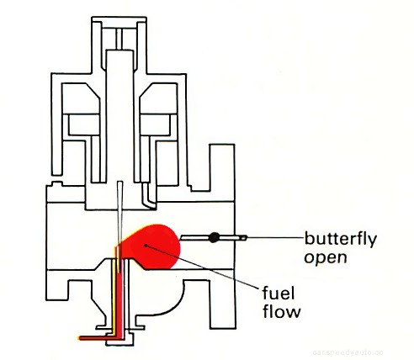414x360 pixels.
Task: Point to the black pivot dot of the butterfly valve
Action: (x=214, y=238)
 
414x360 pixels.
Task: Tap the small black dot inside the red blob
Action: (x=146, y=244)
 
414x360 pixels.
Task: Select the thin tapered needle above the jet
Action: (x=122, y=210)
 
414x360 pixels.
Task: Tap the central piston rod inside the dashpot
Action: (x=123, y=109)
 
